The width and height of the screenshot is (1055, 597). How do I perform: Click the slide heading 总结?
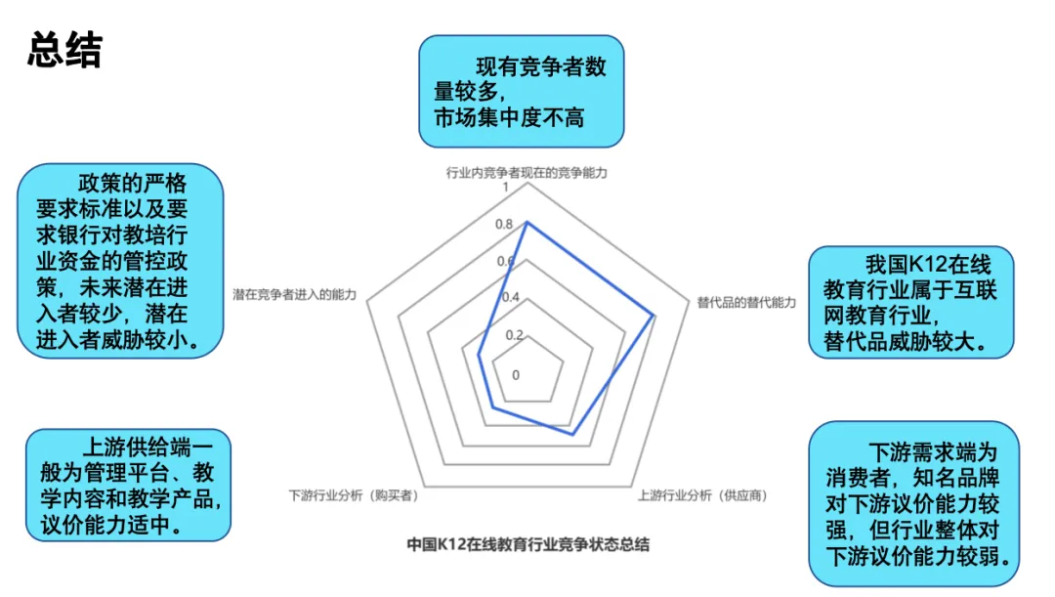64,51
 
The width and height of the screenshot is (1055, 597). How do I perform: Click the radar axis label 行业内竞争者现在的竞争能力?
527,173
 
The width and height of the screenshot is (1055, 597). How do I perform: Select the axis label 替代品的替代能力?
746,302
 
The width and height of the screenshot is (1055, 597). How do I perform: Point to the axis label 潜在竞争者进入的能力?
294,294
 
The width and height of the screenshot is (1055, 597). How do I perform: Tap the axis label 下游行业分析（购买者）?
354,495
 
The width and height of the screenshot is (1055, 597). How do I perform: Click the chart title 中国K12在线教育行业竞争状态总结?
527,544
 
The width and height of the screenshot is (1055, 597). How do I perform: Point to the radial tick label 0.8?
503,225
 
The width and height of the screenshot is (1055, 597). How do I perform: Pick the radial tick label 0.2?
514,334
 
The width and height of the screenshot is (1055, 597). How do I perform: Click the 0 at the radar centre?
516,374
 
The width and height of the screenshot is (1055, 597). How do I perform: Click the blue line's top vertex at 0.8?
527,223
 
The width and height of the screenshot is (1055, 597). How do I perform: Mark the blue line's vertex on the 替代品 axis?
654,316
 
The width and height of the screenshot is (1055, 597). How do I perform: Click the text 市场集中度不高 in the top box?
509,118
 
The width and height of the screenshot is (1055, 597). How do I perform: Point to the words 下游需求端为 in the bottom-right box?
933,453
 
